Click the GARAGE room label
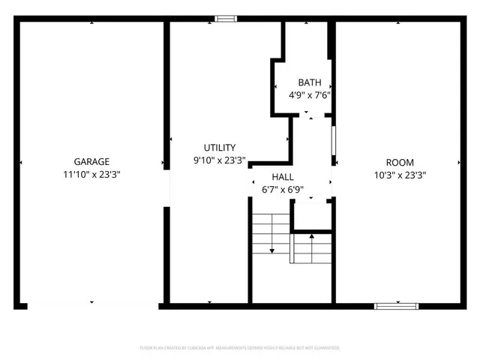(x=91, y=161)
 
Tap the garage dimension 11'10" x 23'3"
(x=91, y=173)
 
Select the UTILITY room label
(x=220, y=148)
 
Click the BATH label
(x=310, y=82)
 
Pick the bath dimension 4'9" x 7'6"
(x=310, y=95)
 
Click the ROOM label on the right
(x=399, y=162)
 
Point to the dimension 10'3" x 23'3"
(x=399, y=175)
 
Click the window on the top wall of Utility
(x=224, y=19)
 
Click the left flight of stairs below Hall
(x=271, y=233)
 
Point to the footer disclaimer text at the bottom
(x=240, y=348)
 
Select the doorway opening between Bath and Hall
(x=310, y=117)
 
